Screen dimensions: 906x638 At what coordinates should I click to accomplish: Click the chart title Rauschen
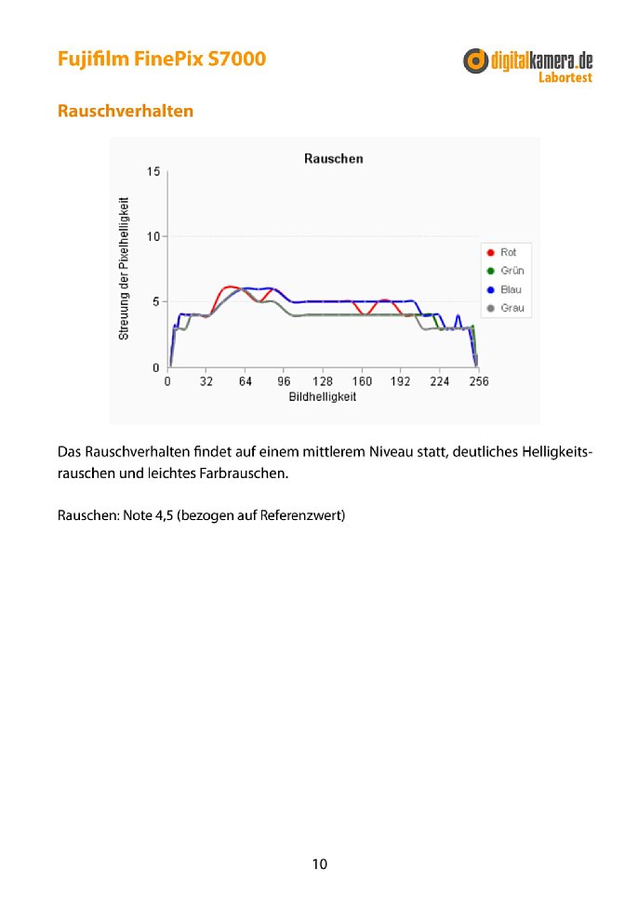(333, 159)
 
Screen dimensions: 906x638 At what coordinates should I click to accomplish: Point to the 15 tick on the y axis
(153, 172)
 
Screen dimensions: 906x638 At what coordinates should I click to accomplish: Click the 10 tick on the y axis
(153, 237)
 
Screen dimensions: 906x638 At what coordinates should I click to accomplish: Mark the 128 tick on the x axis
(323, 381)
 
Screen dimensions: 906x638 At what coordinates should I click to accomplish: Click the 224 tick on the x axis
(440, 381)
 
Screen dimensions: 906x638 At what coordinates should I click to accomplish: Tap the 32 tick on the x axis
(206, 381)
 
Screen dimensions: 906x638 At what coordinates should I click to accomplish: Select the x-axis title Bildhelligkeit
(322, 396)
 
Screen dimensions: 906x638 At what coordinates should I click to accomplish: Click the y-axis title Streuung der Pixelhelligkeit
(124, 267)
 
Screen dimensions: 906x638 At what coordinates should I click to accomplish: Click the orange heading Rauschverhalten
(126, 111)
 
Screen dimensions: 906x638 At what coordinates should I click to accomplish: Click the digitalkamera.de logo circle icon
(477, 61)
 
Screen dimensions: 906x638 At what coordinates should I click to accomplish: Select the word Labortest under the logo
(565, 78)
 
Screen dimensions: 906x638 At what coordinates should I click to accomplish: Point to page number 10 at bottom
(319, 864)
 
